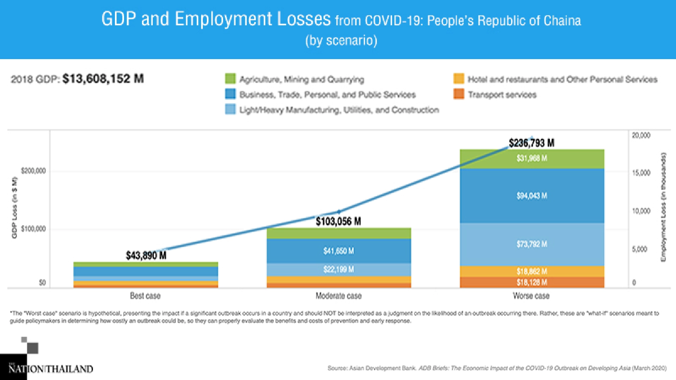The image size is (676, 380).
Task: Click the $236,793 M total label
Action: (531, 143)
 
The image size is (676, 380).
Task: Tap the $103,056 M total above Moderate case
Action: (338, 222)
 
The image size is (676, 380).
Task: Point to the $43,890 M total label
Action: (146, 255)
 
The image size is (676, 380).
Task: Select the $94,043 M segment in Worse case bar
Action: (532, 196)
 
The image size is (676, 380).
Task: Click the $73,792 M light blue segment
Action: (532, 244)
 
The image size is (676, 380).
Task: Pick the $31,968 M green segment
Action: (532, 158)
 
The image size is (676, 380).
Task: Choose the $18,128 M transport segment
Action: (532, 282)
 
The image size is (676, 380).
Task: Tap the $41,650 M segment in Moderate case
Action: (339, 251)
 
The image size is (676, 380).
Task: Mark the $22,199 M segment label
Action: (339, 270)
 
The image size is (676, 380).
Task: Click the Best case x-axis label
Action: (145, 296)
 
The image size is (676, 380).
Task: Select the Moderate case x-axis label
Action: (339, 296)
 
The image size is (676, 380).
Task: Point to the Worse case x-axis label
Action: (531, 296)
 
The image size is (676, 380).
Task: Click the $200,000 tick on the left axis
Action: (33, 171)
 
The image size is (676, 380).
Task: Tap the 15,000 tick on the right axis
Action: (641, 173)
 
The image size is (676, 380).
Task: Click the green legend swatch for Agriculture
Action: (230, 79)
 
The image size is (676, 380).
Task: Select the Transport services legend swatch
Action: (459, 94)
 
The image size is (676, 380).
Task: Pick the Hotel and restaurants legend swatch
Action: (459, 79)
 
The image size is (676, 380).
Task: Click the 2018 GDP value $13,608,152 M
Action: (103, 79)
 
